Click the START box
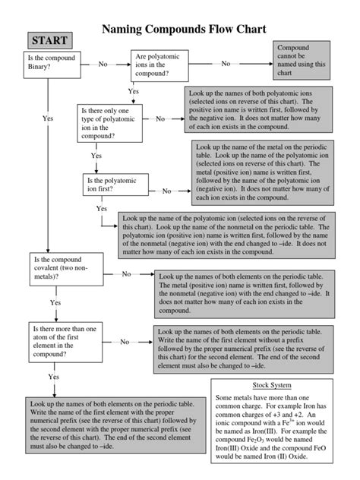[x=48, y=39]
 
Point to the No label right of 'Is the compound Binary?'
[x=103, y=65]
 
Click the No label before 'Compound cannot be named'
[x=226, y=65]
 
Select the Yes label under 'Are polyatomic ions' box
[x=134, y=91]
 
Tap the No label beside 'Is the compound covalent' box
[x=126, y=273]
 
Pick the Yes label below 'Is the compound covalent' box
[x=55, y=302]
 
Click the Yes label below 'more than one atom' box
[x=53, y=377]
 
